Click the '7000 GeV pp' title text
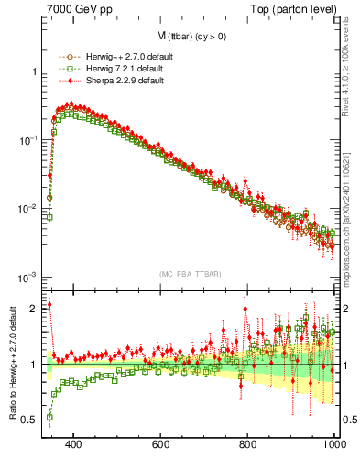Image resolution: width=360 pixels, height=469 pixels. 78,10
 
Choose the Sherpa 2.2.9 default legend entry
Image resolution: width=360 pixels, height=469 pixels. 120,81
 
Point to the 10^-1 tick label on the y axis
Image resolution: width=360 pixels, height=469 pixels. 27,140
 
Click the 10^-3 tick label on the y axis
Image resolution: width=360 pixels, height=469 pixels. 27,277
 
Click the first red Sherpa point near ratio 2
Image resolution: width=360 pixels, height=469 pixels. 49,305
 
